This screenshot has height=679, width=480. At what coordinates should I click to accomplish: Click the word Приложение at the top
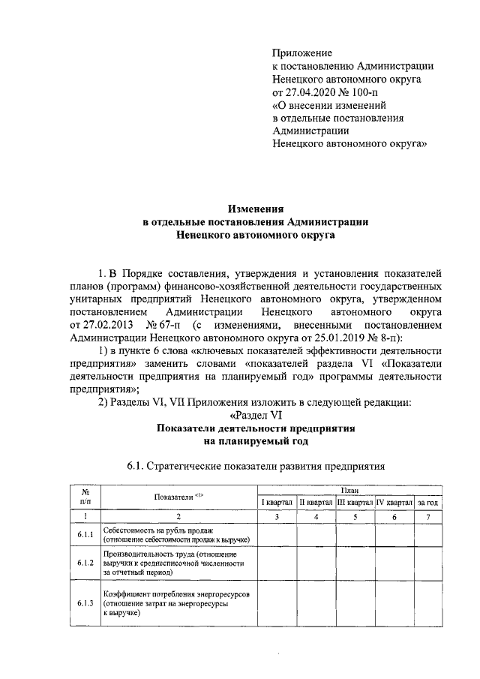(x=301, y=53)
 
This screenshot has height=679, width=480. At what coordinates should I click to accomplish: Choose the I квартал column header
(x=276, y=502)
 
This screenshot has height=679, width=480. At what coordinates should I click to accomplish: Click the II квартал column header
(x=316, y=502)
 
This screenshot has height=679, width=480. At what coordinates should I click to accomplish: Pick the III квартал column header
(x=355, y=502)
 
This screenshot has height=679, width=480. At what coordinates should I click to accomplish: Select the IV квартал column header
(x=394, y=502)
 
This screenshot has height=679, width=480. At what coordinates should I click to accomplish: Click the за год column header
(x=428, y=502)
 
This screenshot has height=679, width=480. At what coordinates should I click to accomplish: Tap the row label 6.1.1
(x=85, y=534)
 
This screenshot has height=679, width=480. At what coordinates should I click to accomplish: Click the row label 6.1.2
(x=85, y=563)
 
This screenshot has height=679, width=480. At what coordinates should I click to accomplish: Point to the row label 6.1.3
(x=85, y=603)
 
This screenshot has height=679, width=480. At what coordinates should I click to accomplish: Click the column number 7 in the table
(x=428, y=516)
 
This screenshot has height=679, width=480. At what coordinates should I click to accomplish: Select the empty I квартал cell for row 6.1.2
(x=276, y=563)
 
